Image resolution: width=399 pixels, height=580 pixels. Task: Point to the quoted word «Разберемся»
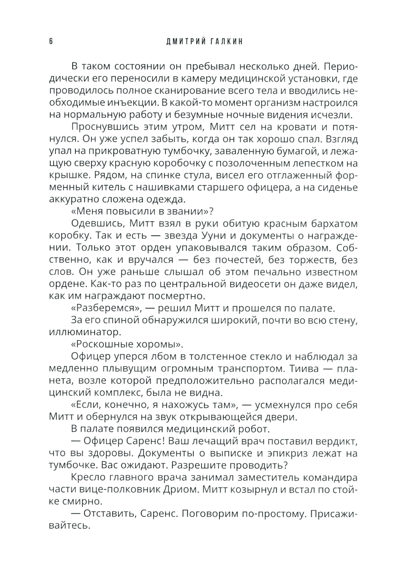pyautogui.click(x=107, y=309)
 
